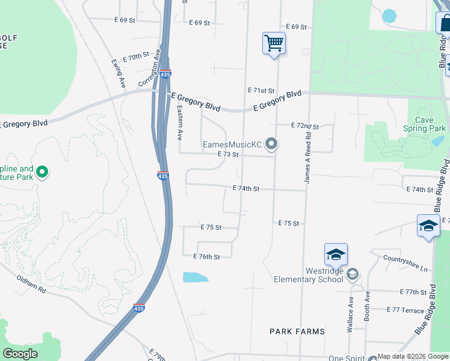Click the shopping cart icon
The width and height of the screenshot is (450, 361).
[x=274, y=43]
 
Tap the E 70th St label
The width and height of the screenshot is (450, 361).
[x=135, y=57]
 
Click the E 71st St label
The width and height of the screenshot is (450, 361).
[x=261, y=90]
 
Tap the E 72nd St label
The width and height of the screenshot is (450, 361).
[x=304, y=126]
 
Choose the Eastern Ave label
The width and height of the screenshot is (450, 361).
[x=179, y=123]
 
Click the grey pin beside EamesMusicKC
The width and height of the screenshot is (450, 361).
[x=272, y=144]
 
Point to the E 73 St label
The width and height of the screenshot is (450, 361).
[x=229, y=155]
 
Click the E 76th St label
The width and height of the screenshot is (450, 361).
[x=206, y=256]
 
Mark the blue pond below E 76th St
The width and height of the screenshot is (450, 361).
[x=195, y=277]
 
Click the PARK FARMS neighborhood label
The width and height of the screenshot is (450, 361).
[x=297, y=332]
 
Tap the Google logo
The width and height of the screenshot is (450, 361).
[x=20, y=354]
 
